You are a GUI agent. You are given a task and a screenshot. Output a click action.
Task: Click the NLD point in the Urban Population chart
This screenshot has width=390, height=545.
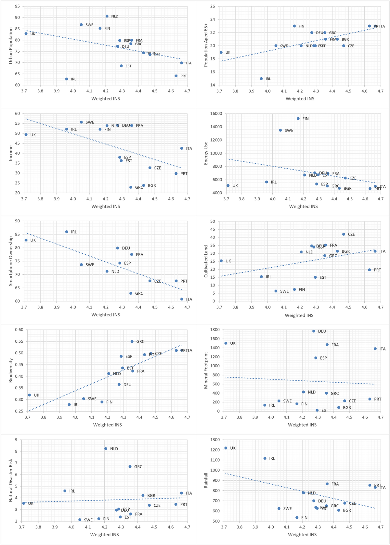(x=107, y=16)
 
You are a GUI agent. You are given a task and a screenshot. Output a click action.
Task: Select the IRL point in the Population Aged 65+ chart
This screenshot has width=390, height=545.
(x=261, y=79)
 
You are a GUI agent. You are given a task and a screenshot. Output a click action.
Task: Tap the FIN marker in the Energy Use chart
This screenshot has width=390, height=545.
(x=298, y=119)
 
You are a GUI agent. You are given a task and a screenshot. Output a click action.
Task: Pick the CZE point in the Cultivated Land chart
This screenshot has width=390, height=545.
(x=344, y=234)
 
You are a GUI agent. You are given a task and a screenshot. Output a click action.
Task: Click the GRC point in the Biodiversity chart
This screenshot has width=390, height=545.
(x=132, y=341)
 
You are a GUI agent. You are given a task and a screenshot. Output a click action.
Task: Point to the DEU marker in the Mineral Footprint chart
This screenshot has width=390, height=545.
(x=314, y=331)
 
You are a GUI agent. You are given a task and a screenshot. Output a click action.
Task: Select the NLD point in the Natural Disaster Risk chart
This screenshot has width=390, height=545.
(x=106, y=449)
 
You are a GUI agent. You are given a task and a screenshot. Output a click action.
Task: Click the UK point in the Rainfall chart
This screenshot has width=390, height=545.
(x=226, y=448)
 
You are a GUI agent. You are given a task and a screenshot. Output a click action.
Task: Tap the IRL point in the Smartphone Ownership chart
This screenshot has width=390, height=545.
(x=67, y=232)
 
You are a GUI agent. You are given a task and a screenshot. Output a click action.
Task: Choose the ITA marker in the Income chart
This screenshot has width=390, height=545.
(x=182, y=148)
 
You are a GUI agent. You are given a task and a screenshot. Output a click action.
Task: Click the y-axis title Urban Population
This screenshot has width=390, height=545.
(x=11, y=45)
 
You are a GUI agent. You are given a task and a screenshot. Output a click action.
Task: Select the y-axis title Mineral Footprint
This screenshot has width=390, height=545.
(x=206, y=370)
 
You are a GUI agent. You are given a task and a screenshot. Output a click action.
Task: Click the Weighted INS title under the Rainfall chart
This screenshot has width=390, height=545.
(x=302, y=534)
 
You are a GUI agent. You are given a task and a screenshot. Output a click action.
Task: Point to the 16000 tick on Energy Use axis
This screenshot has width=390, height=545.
(x=216, y=114)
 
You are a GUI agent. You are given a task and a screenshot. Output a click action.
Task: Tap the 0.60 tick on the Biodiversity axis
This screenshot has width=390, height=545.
(x=19, y=330)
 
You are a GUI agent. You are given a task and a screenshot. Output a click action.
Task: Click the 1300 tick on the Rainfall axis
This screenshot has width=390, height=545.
(x=215, y=440)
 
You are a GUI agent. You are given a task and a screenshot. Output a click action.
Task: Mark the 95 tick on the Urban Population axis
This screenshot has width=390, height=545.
(x=17, y=6)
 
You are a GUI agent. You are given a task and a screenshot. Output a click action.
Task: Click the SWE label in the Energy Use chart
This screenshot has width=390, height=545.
(x=289, y=131)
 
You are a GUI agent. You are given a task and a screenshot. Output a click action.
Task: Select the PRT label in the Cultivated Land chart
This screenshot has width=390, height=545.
(x=377, y=270)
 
